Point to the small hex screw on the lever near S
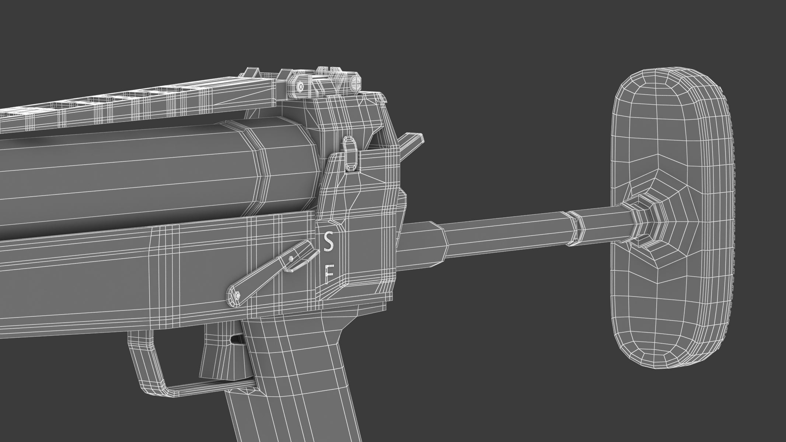pos(291,259)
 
